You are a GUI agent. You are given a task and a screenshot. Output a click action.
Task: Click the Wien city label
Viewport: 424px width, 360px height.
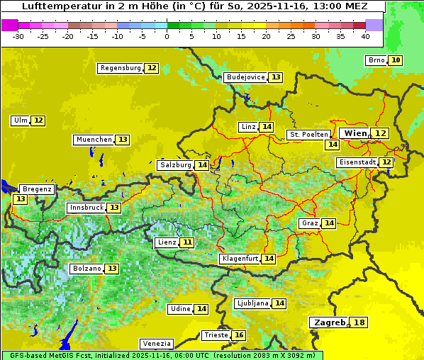tap(355, 133)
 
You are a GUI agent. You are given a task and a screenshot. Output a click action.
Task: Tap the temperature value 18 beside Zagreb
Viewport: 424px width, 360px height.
tap(360, 322)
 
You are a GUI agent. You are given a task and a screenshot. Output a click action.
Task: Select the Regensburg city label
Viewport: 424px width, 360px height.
tap(121, 68)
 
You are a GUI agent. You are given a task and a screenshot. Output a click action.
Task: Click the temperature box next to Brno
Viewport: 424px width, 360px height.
tap(396, 60)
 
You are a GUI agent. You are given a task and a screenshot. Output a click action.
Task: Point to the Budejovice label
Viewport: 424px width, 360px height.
tap(245, 77)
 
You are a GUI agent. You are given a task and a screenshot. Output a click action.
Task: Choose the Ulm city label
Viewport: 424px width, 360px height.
tap(21, 120)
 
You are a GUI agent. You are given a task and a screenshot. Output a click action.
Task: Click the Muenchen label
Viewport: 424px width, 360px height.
tap(94, 140)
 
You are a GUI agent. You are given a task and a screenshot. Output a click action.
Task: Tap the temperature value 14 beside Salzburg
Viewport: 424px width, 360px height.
tap(203, 165)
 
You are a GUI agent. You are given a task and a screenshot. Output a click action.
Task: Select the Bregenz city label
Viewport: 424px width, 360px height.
tap(37, 189)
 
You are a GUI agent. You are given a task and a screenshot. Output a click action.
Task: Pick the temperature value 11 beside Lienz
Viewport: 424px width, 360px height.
tap(187, 242)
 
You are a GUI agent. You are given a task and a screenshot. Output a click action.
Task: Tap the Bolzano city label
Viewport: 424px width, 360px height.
tap(87, 269)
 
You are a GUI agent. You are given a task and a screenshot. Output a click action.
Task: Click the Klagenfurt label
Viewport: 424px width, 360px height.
tap(240, 259)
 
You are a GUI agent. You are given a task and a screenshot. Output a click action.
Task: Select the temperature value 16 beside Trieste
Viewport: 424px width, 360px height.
tap(240, 335)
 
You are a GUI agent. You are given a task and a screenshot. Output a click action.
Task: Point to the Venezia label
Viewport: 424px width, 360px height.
tap(156, 344)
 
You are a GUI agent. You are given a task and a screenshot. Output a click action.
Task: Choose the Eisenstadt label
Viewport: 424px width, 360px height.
tap(357, 162)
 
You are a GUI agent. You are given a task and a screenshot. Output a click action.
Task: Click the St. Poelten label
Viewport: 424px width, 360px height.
tap(308, 134)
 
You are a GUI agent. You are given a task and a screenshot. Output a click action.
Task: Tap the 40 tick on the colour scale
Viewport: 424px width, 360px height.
tap(365, 35)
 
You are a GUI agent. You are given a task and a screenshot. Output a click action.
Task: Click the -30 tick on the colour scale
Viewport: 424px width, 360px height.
tap(18, 35)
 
